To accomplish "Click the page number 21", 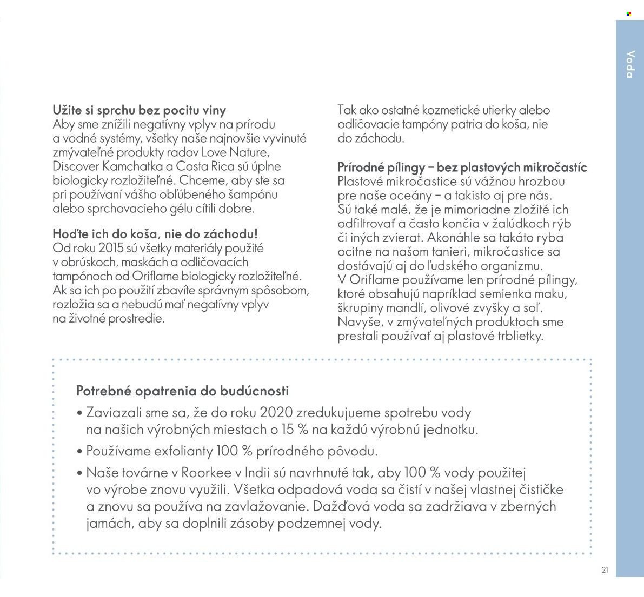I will coord(605,570).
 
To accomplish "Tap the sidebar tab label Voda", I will coord(630,64).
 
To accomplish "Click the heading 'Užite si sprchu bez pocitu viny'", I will coord(139,110).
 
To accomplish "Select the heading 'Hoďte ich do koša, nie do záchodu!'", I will coord(155,234).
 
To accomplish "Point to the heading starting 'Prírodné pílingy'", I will coord(462,167).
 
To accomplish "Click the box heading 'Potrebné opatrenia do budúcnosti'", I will coord(183,391).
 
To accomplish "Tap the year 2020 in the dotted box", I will coord(276,413).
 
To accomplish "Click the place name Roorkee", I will coord(206,473).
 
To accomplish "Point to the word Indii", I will coord(258,473).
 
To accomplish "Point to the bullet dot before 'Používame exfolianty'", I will coord(79,451).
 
